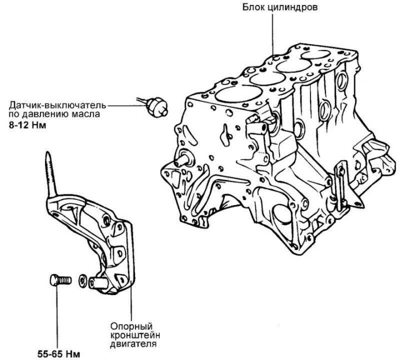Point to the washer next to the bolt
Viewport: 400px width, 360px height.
point(82,281)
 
